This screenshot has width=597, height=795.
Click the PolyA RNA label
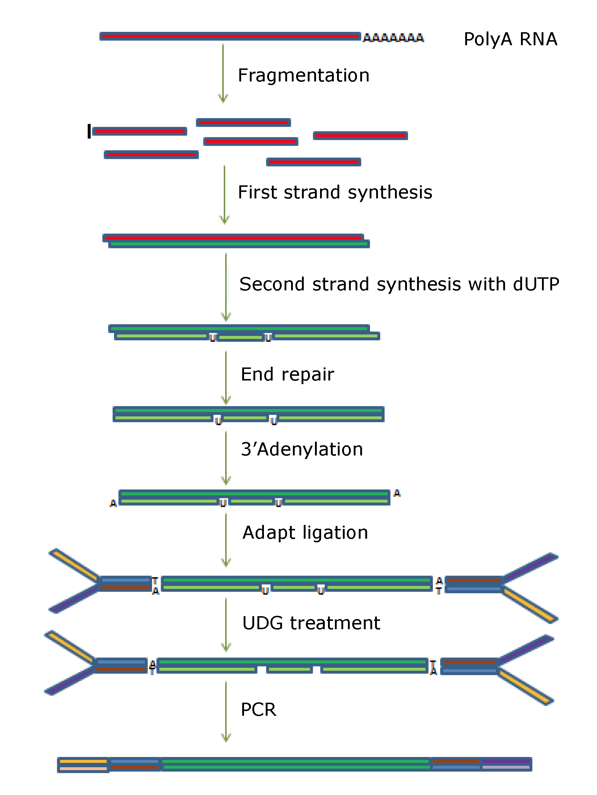tap(510, 39)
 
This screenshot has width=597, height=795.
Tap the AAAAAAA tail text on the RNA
tap(393, 38)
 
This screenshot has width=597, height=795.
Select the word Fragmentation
tap(303, 76)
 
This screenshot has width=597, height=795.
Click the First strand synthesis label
tap(335, 192)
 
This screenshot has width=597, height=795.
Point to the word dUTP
tap(536, 284)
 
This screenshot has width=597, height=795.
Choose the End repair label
tap(287, 374)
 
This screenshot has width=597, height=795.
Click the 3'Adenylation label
tap(302, 450)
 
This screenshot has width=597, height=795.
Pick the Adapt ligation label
tap(305, 533)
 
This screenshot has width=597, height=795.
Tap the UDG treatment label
tap(311, 623)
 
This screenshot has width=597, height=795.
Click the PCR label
tap(258, 710)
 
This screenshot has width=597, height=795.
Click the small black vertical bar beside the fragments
tap(89, 131)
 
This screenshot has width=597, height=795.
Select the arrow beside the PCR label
tap(226, 712)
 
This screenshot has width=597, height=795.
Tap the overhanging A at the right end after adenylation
tap(397, 493)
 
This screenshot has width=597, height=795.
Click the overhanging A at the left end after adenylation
tap(113, 503)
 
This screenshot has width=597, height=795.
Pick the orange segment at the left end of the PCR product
tap(83, 761)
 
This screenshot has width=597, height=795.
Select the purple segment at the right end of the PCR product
tap(506, 761)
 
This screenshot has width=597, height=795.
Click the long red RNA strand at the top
tap(230, 36)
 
